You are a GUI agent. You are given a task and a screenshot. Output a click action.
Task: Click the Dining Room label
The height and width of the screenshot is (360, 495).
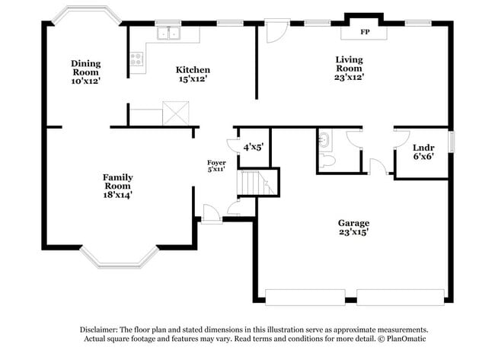[86, 72]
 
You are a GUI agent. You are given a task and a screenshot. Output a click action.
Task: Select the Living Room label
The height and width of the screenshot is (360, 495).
[350, 68]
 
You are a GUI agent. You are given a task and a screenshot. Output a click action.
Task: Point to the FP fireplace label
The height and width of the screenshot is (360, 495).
[364, 33]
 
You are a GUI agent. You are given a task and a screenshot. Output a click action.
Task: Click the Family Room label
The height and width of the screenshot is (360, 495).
[118, 185]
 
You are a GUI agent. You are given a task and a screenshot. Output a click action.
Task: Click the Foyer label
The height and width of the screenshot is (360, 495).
[216, 166]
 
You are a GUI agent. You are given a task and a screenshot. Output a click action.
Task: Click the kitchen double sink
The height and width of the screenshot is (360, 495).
[168, 33]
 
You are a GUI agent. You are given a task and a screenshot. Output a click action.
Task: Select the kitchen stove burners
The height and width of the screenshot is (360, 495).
[137, 60]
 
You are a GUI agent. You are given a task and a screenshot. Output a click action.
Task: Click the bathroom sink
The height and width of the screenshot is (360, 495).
[324, 139]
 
